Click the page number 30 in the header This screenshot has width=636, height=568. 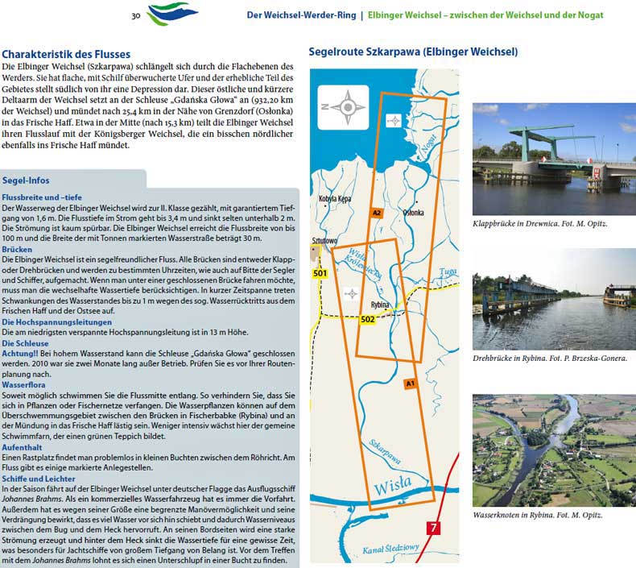click(x=136, y=15)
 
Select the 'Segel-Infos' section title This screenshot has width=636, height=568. click(x=28, y=180)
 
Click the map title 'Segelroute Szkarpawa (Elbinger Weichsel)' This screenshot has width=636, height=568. click(x=413, y=52)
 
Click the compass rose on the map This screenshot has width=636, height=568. click(x=348, y=105)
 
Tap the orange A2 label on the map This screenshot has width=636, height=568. click(x=376, y=213)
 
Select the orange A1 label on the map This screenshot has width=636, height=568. click(x=410, y=384)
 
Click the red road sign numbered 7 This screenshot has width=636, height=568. click(x=435, y=529)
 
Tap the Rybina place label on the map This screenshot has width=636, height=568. click(x=380, y=305)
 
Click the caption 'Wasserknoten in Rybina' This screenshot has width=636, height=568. click(x=537, y=515)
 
